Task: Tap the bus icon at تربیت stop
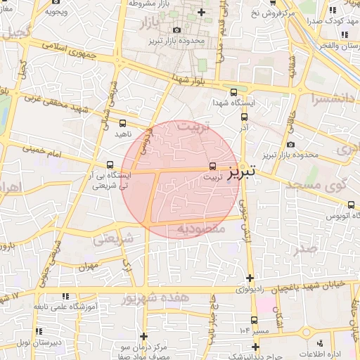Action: tap(212, 167)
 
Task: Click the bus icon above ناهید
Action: tap(123, 124)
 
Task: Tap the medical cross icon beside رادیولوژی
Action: tap(250, 278)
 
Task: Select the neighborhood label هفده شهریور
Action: tap(155, 298)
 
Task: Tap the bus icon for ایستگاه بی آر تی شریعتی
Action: tap(108, 165)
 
